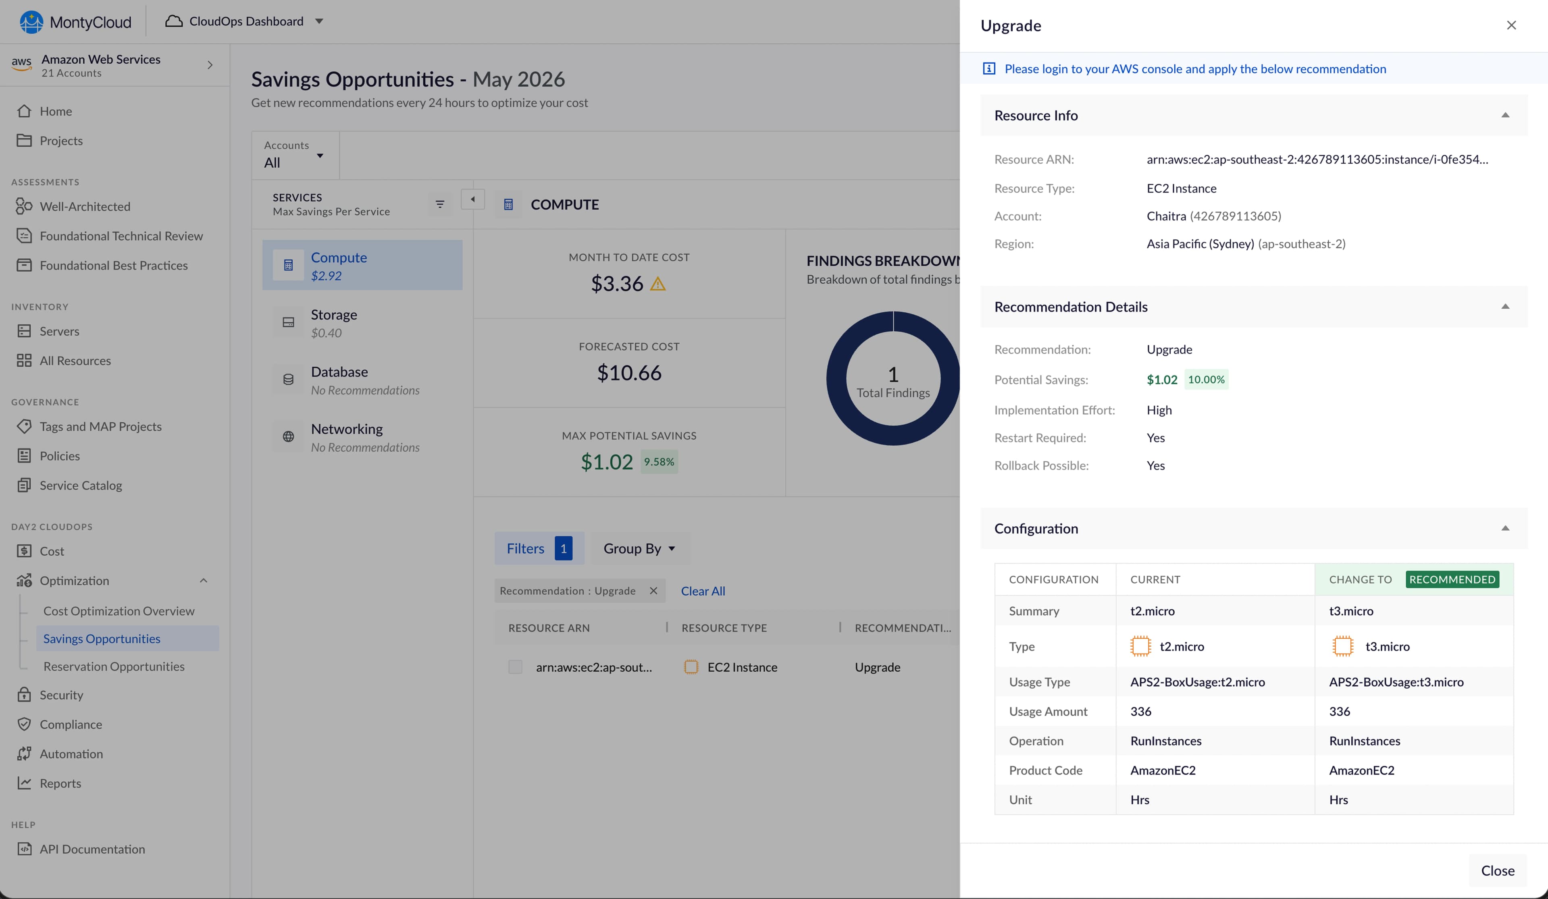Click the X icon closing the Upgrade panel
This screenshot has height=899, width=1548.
click(1511, 25)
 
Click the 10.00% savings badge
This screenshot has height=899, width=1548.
click(1206, 380)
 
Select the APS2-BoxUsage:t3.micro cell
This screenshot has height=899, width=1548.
click(1396, 682)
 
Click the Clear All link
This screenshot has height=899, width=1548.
click(703, 591)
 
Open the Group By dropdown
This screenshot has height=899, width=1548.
click(639, 548)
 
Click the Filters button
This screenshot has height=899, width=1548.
click(539, 548)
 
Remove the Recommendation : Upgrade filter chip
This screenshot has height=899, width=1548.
click(653, 591)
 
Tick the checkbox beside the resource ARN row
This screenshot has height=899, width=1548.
click(515, 667)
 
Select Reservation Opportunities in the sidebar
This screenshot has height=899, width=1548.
click(114, 666)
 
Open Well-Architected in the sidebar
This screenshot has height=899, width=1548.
click(85, 206)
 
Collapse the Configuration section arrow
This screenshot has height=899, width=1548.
click(1505, 528)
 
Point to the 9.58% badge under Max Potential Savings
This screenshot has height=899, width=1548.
click(659, 462)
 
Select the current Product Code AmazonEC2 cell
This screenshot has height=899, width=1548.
click(1163, 770)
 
